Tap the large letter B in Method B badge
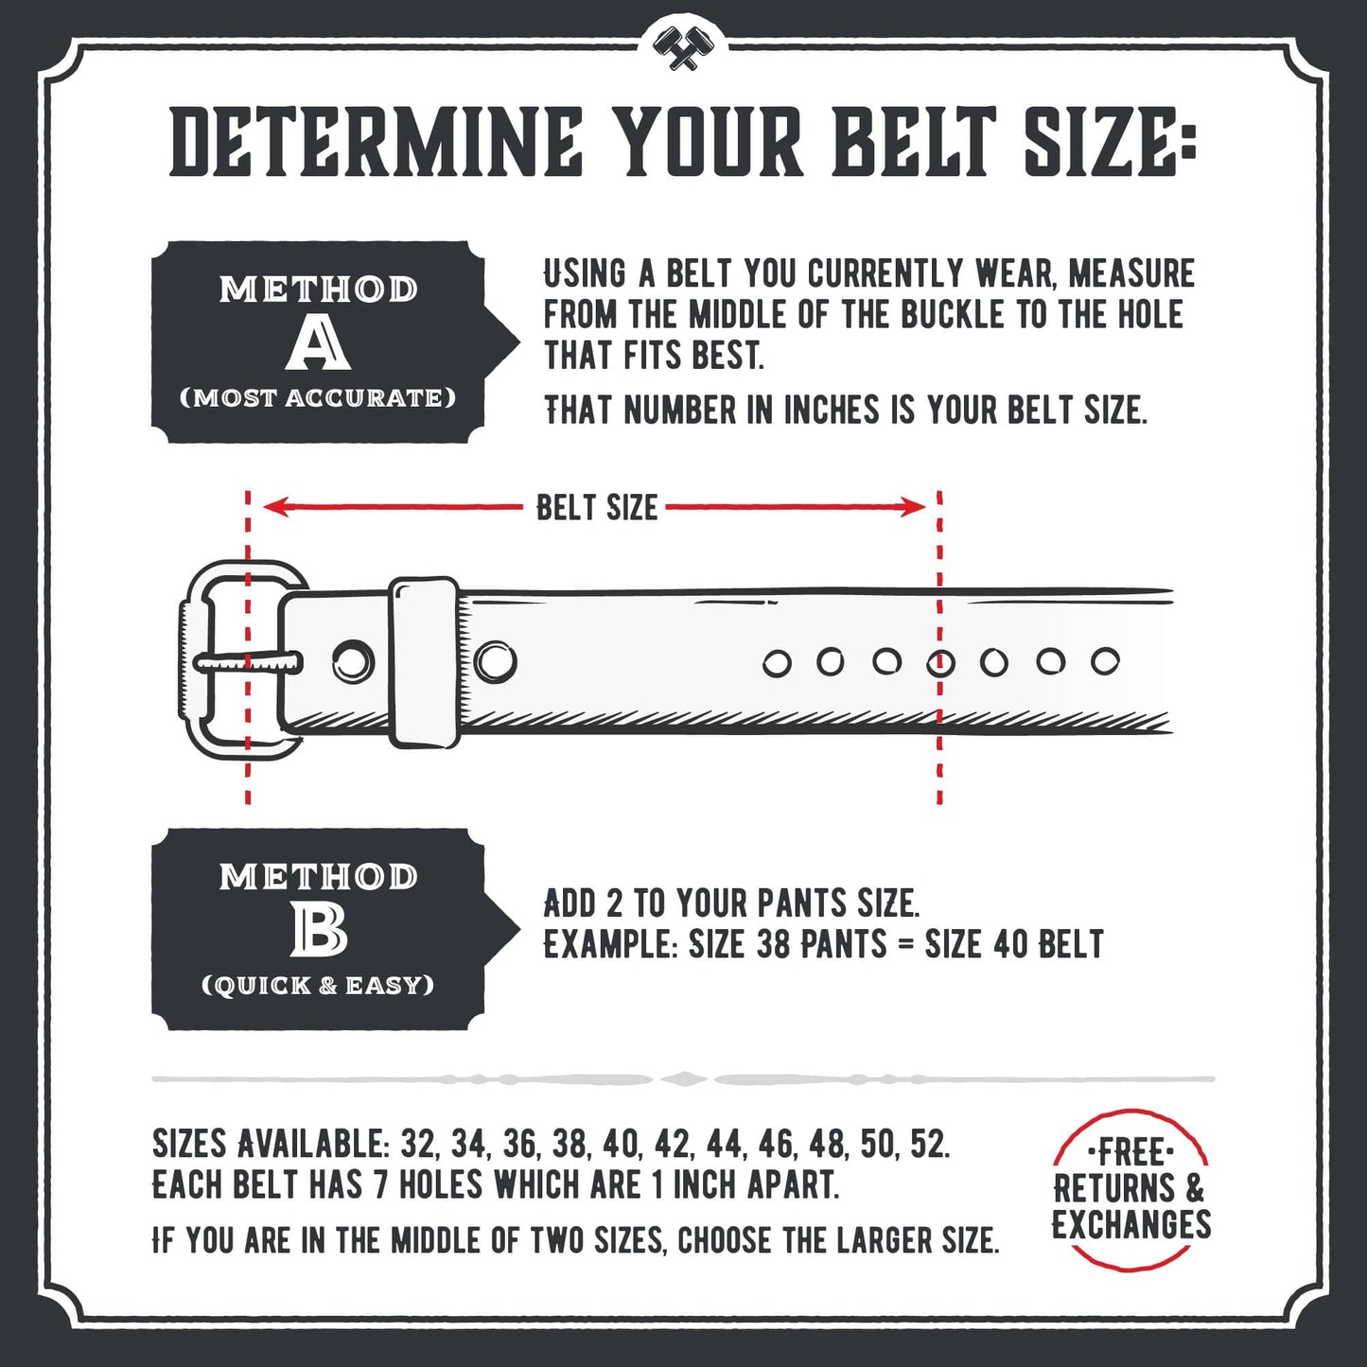click(x=319, y=930)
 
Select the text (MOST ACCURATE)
click(x=318, y=398)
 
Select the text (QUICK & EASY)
click(x=318, y=986)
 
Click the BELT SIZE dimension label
click(x=597, y=508)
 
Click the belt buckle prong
click(x=248, y=662)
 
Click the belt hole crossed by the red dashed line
click(x=940, y=663)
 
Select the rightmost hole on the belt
click(x=1105, y=661)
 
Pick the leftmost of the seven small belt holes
click(x=777, y=664)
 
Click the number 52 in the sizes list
click(x=927, y=1145)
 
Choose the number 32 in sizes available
click(x=418, y=1145)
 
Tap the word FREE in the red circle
click(x=1130, y=1153)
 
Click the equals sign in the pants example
click(x=906, y=944)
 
